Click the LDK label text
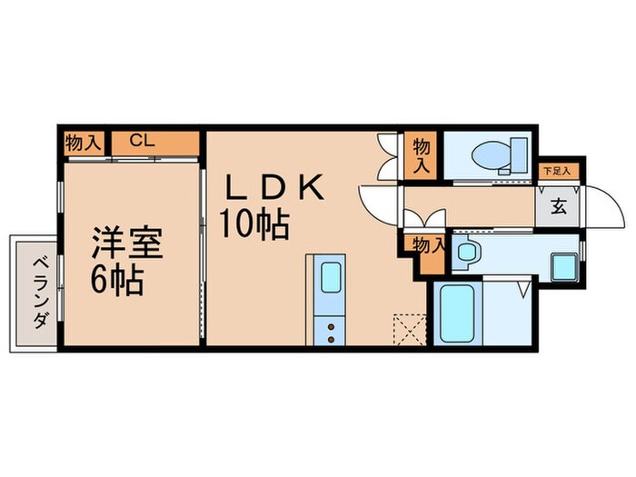[x=275, y=187]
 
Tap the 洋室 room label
[x=127, y=243]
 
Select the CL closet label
[x=142, y=141]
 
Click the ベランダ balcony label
[x=41, y=293]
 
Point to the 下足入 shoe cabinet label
[x=557, y=171]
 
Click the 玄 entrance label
[x=559, y=207]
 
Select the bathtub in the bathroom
[x=458, y=313]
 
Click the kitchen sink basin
[x=331, y=277]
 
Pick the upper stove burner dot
[x=331, y=326]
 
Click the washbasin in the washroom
[x=466, y=252]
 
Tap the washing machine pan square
[x=564, y=266]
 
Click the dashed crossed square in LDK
[x=410, y=329]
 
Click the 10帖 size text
[x=254, y=224]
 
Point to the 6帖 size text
[x=117, y=280]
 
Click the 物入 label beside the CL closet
[x=83, y=143]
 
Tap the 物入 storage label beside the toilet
[x=422, y=156]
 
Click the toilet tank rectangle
[x=519, y=154]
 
